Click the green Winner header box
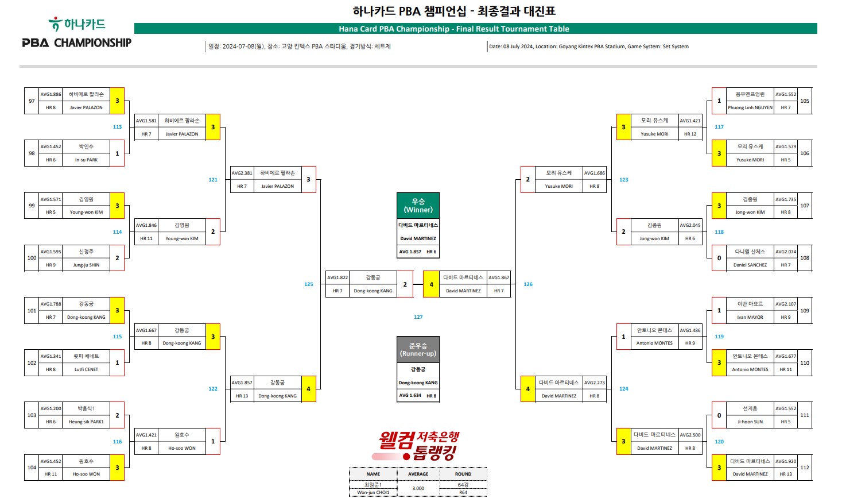coord(418,206)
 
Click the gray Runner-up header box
coord(418,349)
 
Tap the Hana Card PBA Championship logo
coord(77,33)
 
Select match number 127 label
coord(418,317)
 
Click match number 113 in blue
coord(117,127)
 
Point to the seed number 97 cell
coord(32,101)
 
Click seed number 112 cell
coord(805,468)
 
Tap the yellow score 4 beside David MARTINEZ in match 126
coord(432,284)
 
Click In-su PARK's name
coord(86,160)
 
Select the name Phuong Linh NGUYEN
coord(750,107)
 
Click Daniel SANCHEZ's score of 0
coord(719,258)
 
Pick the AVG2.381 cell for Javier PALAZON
coord(242,173)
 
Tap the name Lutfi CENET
coord(86,370)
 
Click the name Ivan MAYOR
coord(750,317)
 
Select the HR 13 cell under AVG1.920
coord(785,474)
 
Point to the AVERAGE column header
coord(418,474)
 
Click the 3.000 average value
coord(418,488)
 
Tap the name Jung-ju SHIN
coord(86,265)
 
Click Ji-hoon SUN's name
coord(750,422)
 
